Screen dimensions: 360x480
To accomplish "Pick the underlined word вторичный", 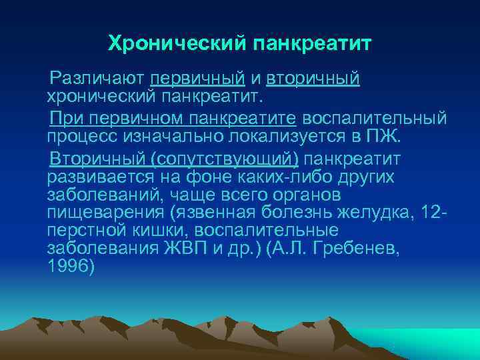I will point(313,79).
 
